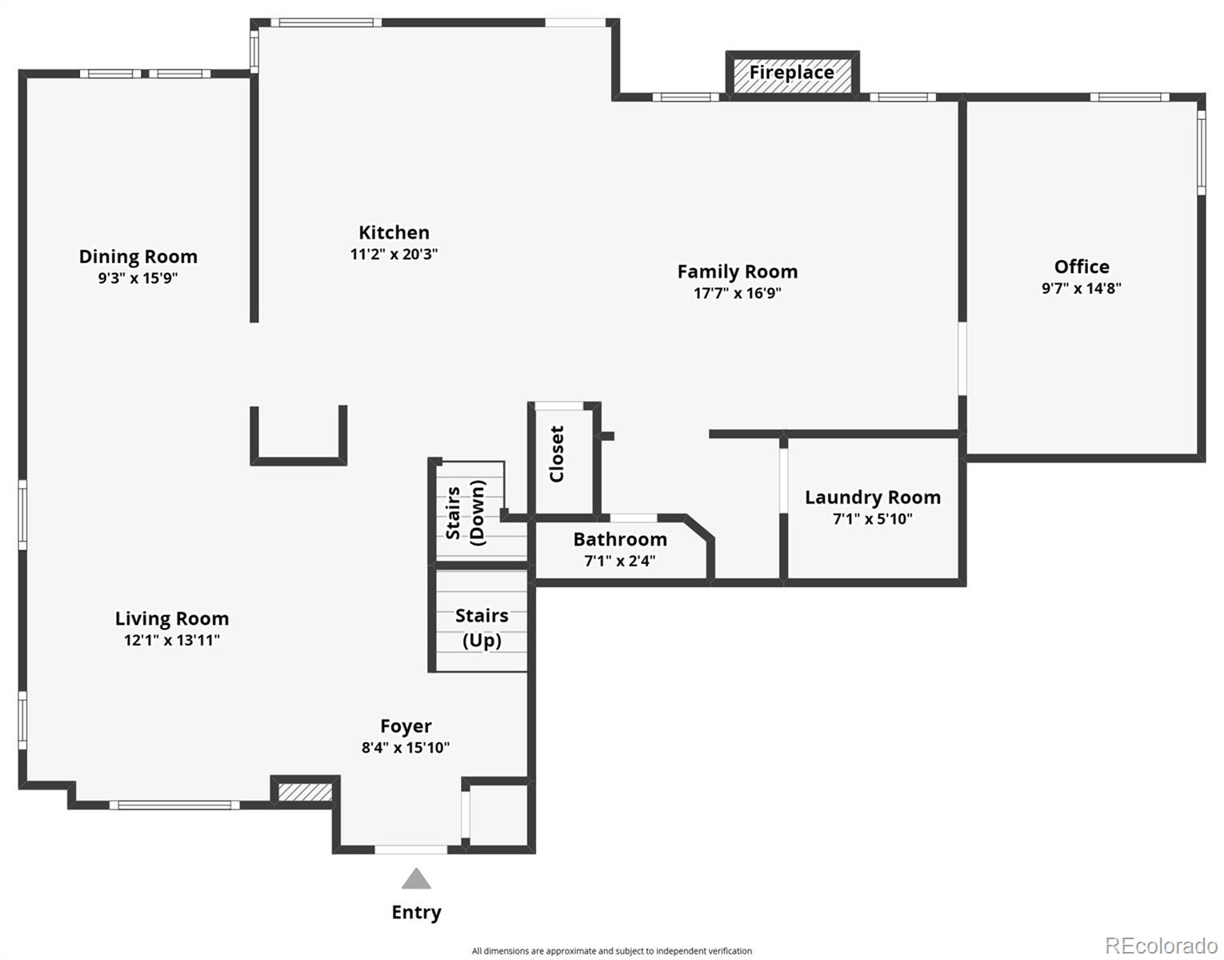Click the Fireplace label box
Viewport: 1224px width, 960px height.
click(792, 73)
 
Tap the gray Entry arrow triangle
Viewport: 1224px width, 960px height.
click(416, 878)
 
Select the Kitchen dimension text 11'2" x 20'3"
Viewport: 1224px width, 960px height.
click(394, 254)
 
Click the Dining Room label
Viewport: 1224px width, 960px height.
click(138, 257)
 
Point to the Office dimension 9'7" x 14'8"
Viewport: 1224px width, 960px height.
click(1082, 288)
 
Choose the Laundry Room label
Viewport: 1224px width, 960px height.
click(873, 497)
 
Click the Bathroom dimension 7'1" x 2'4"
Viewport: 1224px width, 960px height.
click(620, 561)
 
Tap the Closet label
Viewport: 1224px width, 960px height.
click(557, 454)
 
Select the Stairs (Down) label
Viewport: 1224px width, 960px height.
click(466, 512)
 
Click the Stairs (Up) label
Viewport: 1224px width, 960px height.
click(482, 628)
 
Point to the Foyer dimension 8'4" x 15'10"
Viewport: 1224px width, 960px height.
click(406, 748)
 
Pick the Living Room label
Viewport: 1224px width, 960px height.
click(172, 618)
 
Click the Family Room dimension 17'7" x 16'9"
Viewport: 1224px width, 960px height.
click(738, 293)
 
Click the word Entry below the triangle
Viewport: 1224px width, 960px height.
click(416, 913)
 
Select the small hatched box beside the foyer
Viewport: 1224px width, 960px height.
click(305, 793)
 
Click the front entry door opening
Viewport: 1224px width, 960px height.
click(411, 850)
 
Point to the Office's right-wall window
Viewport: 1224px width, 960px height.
click(1202, 153)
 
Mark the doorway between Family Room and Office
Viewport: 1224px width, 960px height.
click(962, 358)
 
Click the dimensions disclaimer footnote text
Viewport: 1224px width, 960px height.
click(612, 951)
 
